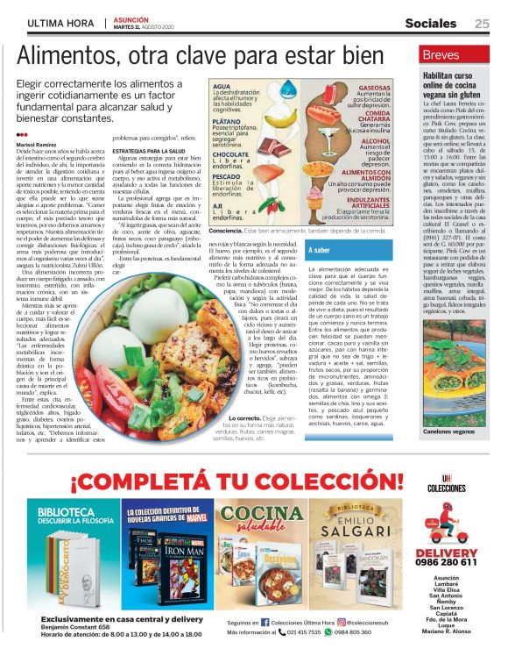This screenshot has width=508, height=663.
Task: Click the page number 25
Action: click(x=482, y=23)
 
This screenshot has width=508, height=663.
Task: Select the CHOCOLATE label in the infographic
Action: click(x=230, y=155)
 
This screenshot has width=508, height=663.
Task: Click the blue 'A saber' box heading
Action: click(x=320, y=251)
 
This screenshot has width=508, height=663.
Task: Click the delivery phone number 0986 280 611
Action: click(x=449, y=562)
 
